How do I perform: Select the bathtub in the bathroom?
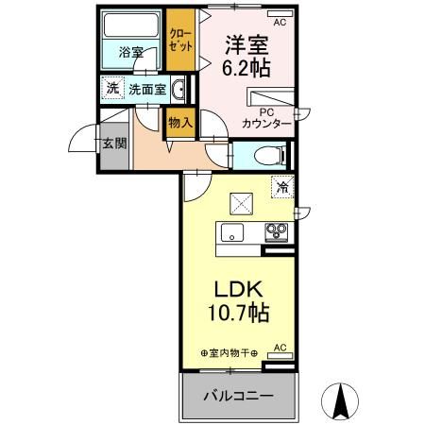(x=132, y=25)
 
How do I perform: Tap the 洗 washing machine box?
(x=112, y=90)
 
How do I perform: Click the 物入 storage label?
(x=179, y=122)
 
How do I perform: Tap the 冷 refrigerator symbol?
(x=280, y=187)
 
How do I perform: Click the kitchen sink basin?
(x=232, y=233)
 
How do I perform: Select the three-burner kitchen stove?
(x=277, y=231)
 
